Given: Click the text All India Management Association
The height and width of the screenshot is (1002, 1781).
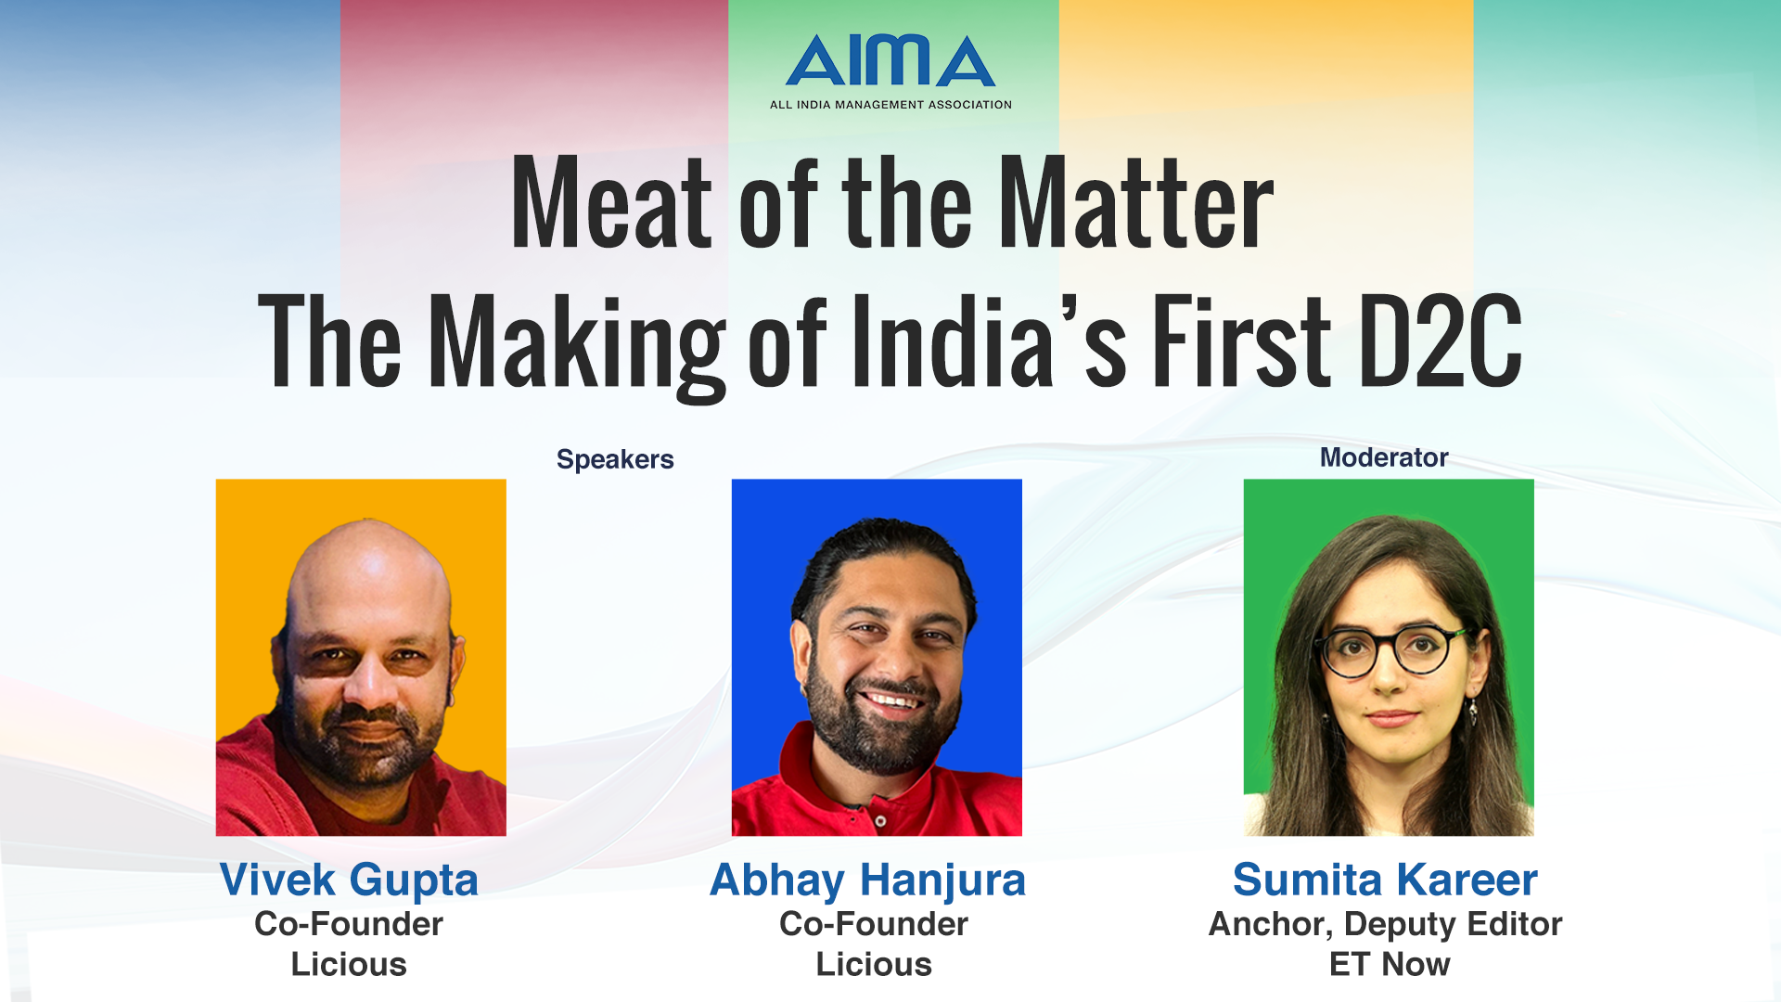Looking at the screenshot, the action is pyautogui.click(x=890, y=105).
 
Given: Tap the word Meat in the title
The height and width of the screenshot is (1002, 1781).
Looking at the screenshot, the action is pyautogui.click(x=611, y=204).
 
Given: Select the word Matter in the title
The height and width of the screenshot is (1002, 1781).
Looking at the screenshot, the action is pyautogui.click(x=1136, y=204).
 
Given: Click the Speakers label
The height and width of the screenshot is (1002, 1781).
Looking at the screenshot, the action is pyautogui.click(x=615, y=460).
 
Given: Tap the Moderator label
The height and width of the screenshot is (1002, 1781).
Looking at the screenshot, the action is pyautogui.click(x=1384, y=457).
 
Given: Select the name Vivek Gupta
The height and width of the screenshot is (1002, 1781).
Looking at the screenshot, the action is pyautogui.click(x=349, y=880).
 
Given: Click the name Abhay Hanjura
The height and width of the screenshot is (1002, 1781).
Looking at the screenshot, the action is pyautogui.click(x=867, y=880).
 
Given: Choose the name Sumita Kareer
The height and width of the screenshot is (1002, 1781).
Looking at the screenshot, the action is pyautogui.click(x=1385, y=880).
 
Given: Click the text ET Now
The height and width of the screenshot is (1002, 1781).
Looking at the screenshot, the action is pyautogui.click(x=1390, y=964).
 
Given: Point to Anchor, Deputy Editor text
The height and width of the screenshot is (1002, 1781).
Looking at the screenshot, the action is pyautogui.click(x=1385, y=924).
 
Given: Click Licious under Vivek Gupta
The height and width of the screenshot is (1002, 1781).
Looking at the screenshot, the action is pyautogui.click(x=349, y=964).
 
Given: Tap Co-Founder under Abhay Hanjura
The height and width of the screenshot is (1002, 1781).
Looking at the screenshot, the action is pyautogui.click(x=874, y=924).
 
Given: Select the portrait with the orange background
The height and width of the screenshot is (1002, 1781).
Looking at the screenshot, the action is pyautogui.click(x=361, y=658).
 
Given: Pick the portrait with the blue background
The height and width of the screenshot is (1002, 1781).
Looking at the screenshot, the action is pyautogui.click(x=877, y=658).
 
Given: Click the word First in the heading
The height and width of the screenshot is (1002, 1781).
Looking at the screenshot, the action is pyautogui.click(x=1241, y=340).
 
